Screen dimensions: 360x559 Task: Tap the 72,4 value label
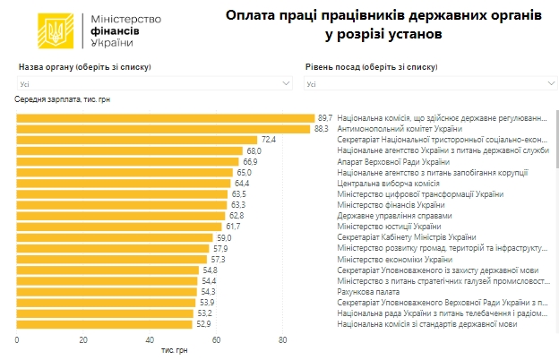coord(269,140)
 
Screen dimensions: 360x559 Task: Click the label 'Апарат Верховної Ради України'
coord(393,161)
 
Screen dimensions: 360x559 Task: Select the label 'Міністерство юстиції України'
coord(391,227)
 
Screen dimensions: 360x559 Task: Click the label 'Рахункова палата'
coord(369,291)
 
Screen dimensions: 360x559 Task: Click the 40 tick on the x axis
coord(150,340)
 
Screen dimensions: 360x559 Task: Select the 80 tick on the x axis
coord(282,340)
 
